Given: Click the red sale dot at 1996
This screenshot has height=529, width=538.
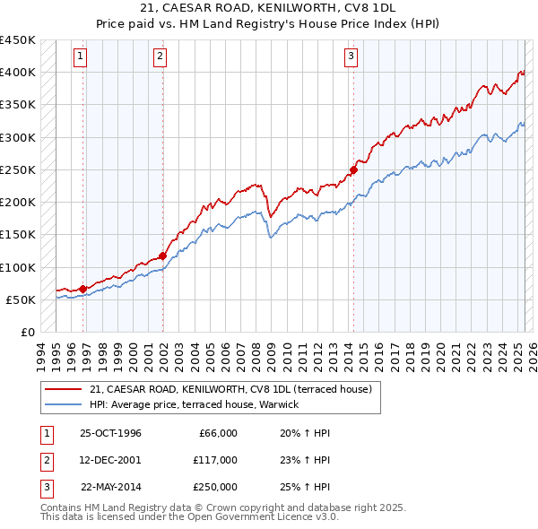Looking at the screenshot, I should click(x=83, y=289).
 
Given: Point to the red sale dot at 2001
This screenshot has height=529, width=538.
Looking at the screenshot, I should click(x=163, y=256).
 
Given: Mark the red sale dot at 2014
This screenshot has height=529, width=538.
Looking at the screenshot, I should click(x=354, y=169).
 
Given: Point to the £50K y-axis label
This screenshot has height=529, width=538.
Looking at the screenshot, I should click(x=21, y=299).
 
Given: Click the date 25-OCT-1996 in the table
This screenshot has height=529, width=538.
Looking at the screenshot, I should click(x=110, y=433).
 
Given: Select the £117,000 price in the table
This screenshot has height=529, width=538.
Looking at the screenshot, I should click(x=214, y=460).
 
